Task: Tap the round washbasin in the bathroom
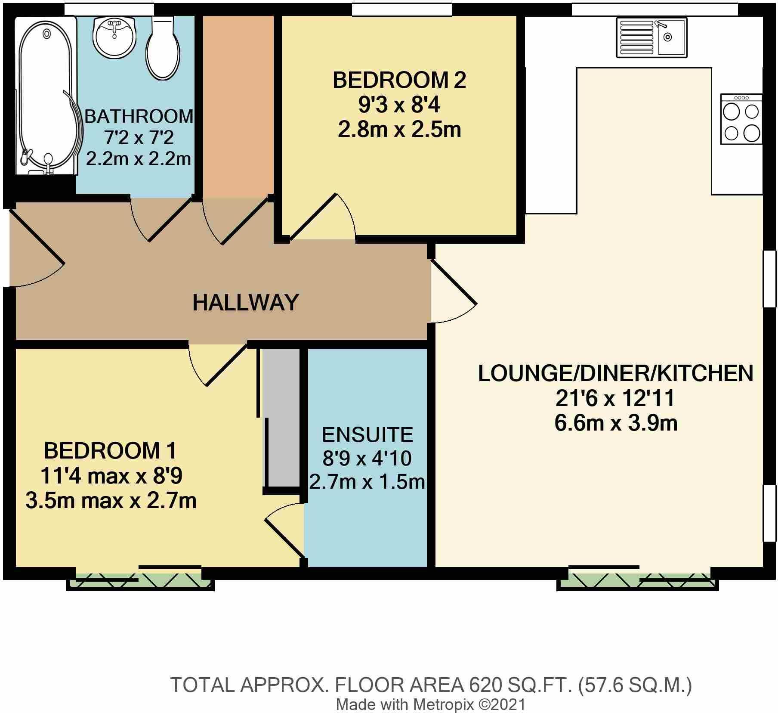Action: tap(114, 38)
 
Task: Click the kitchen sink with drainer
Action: tap(651, 37)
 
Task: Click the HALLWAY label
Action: tap(245, 302)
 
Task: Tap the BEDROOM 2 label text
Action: tap(399, 81)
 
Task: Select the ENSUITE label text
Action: tap(367, 435)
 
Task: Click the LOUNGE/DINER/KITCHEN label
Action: tap(616, 373)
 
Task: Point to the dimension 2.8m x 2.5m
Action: tap(399, 130)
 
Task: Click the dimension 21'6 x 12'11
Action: tap(616, 398)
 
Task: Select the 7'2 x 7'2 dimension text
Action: tap(139, 138)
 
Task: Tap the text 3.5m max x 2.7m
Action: tap(111, 501)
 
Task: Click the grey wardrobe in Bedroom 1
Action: tap(281, 418)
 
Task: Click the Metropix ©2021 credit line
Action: tap(431, 705)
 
